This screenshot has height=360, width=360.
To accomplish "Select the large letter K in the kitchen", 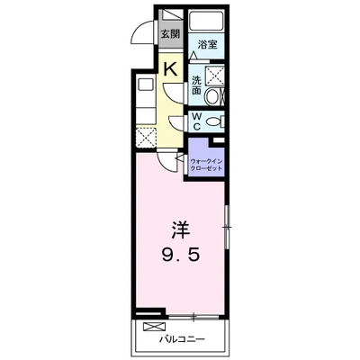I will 169,67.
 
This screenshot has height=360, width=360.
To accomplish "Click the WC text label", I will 196,121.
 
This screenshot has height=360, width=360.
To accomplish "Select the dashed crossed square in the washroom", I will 217,76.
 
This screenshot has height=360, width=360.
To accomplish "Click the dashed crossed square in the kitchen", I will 145,137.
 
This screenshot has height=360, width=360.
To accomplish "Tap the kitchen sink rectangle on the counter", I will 145,88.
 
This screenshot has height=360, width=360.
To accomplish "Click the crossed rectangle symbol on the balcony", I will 155,325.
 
